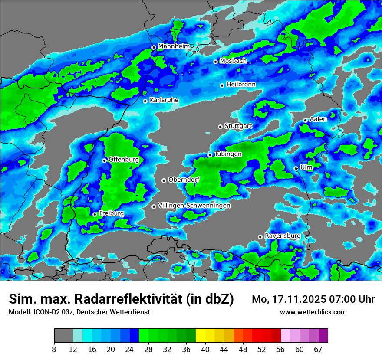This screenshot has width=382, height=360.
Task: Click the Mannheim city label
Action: (174, 46)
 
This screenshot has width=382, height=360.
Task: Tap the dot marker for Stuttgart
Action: (221, 127)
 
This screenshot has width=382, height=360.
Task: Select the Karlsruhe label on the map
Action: (164, 100)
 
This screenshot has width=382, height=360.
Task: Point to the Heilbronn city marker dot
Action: (222, 85)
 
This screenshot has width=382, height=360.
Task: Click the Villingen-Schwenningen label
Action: (194, 206)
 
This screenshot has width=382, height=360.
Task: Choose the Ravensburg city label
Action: (282, 236)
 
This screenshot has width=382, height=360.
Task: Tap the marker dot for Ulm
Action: (296, 168)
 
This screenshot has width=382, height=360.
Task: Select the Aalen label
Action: (318, 119)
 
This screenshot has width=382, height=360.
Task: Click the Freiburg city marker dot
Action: (95, 214)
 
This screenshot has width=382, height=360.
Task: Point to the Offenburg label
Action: (124, 160)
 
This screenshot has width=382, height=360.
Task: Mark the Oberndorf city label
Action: (184, 180)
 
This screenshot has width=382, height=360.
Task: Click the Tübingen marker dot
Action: (210, 155)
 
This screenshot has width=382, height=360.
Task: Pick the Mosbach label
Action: (233, 61)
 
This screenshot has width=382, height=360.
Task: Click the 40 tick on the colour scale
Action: (205, 350)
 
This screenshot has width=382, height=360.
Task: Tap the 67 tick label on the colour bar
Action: (319, 350)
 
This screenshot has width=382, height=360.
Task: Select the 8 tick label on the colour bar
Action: (54, 350)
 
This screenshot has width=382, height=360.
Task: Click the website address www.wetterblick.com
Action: (313, 312)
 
